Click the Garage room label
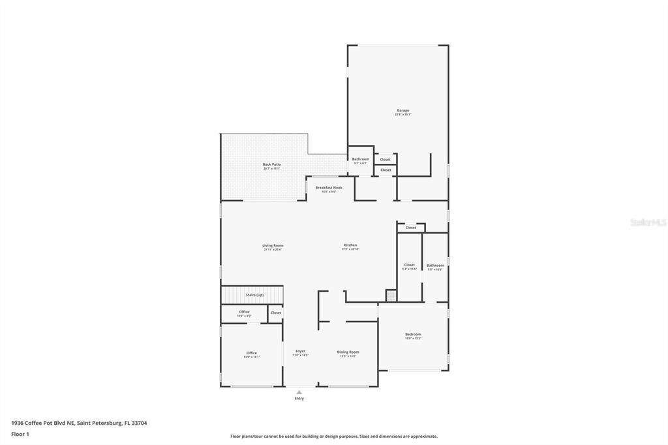(x=402, y=111)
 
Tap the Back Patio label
(x=271, y=165)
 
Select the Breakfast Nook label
(x=329, y=188)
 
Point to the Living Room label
(x=273, y=246)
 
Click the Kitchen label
(x=350, y=246)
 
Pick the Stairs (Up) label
(x=254, y=295)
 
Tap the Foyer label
(x=300, y=352)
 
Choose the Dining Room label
(x=348, y=352)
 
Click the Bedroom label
(x=413, y=335)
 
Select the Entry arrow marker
(x=299, y=392)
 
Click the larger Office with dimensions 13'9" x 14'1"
(x=251, y=354)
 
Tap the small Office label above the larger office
(x=244, y=313)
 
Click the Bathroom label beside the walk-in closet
(x=435, y=266)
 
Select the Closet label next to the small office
(x=276, y=313)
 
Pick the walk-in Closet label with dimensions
(x=409, y=266)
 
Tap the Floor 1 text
(x=20, y=434)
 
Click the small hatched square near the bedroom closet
(x=391, y=296)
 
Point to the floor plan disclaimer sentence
(x=333, y=437)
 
